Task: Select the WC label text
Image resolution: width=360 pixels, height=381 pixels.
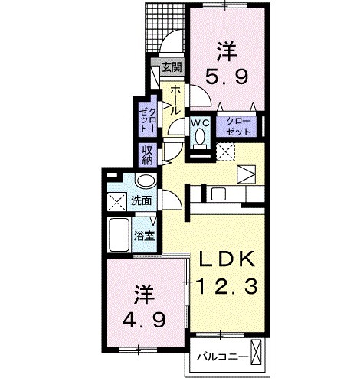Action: coord(201,122)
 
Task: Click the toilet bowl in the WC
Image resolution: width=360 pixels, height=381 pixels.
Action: coord(201,138)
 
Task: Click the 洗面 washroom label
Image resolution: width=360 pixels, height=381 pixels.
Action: coord(141,202)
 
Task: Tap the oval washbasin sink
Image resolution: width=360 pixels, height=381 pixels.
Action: coord(146,181)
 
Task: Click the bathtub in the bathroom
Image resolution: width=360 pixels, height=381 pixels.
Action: coord(119,234)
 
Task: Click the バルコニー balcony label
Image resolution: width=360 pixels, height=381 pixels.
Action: coord(221,357)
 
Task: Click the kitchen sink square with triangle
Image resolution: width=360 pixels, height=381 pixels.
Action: coord(247,174)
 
